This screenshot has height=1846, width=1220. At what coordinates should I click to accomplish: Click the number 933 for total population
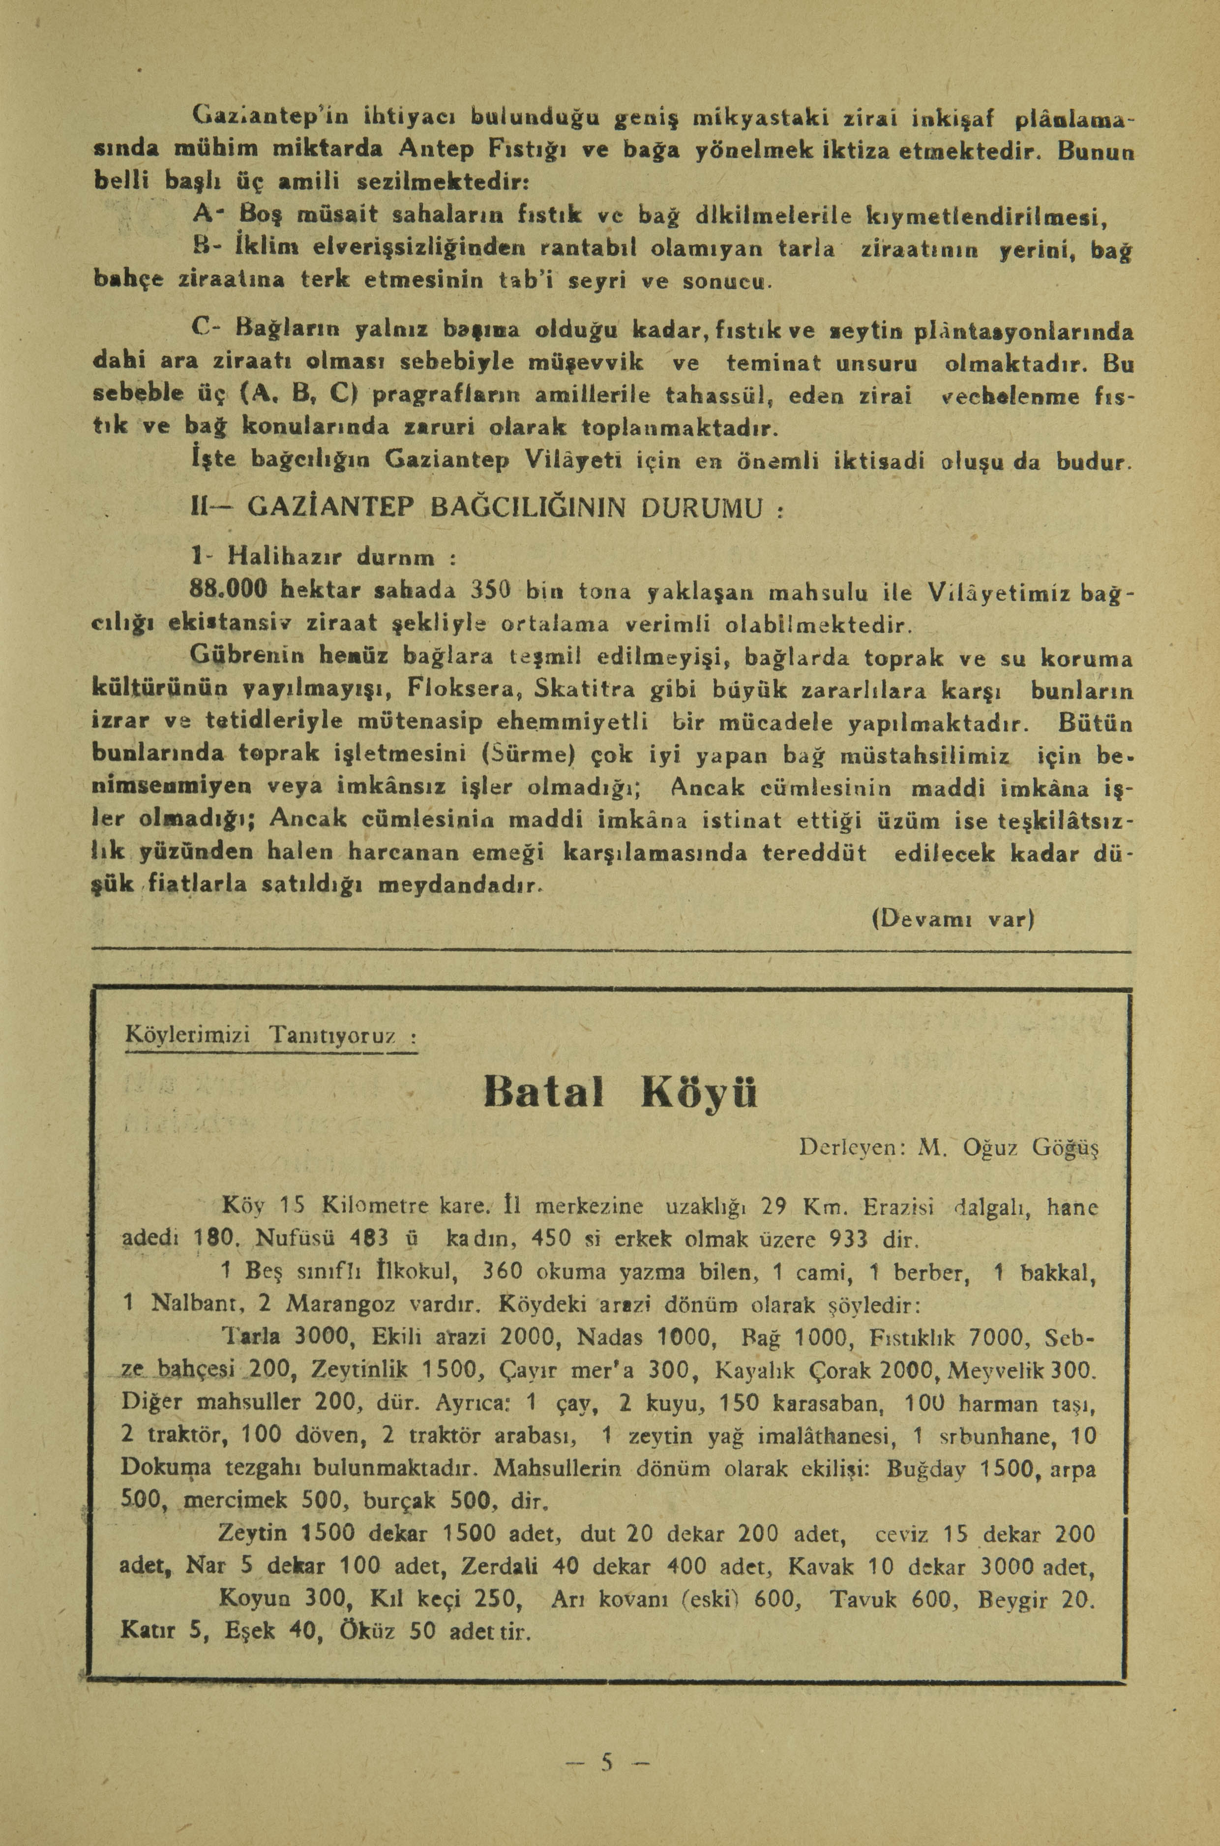pyautogui.click(x=855, y=1238)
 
